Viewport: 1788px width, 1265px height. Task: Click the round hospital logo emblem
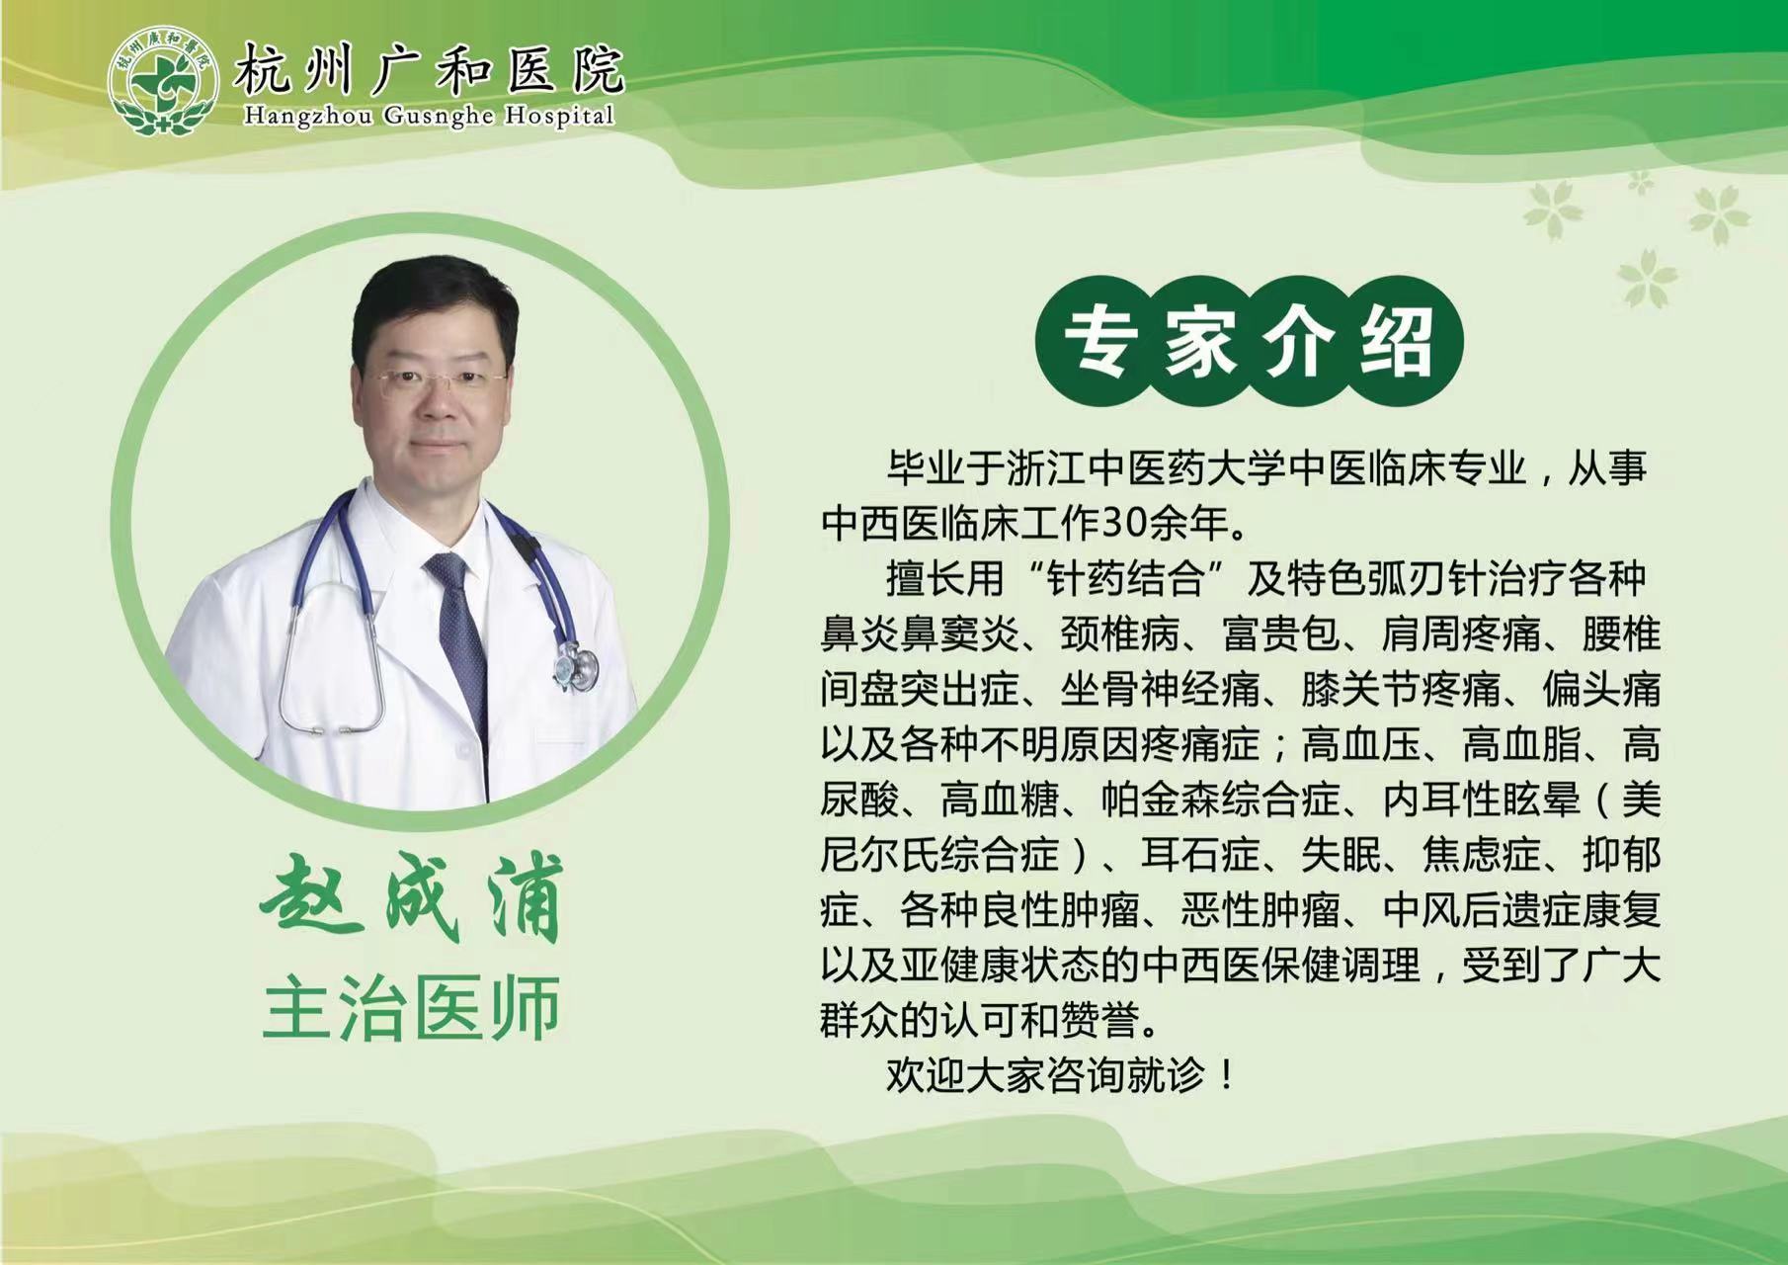point(163,82)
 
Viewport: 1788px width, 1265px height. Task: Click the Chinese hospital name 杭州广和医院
point(428,69)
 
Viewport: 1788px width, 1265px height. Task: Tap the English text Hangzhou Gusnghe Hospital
point(429,116)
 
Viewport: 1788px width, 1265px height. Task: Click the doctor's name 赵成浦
point(410,900)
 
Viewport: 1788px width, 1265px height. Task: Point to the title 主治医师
point(411,1008)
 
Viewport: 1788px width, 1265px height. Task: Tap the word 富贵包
point(1281,633)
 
